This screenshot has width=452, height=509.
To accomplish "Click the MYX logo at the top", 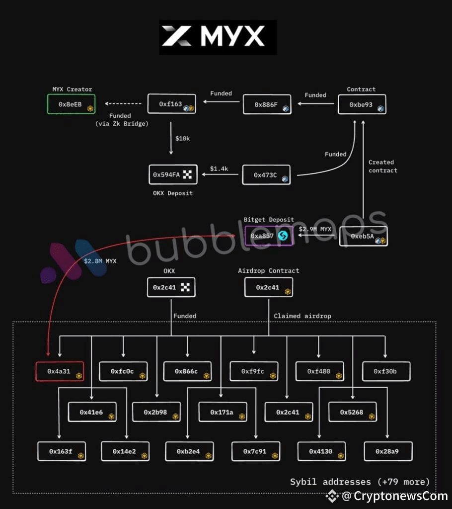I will [218, 37].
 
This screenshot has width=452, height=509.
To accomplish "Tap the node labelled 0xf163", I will [171, 105].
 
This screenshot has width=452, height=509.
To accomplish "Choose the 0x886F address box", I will [266, 105].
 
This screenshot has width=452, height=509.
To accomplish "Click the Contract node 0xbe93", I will [362, 105].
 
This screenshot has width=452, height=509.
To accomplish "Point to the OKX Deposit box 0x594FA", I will [172, 174].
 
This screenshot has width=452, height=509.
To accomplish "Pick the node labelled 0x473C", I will [266, 175].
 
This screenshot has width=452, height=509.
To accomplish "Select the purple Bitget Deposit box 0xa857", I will [269, 236].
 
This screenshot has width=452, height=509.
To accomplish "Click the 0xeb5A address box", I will [363, 237].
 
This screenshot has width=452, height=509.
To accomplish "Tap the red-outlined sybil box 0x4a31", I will [60, 371].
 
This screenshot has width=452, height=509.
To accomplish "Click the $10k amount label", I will [182, 138].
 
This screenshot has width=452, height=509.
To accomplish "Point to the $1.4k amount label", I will [219, 169].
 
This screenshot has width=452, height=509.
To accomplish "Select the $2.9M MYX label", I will [315, 229].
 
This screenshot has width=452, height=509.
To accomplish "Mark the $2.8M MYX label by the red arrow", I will [100, 260].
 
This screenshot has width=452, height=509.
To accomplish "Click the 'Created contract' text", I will [382, 166].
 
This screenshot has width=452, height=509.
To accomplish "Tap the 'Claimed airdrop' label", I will [302, 316].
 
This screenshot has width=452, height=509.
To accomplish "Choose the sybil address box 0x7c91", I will [255, 451].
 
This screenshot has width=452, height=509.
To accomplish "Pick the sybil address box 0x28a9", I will [387, 451].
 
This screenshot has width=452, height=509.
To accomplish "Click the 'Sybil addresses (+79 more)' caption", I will [360, 482].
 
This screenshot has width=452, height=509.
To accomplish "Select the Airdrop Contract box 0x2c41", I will [269, 287].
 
